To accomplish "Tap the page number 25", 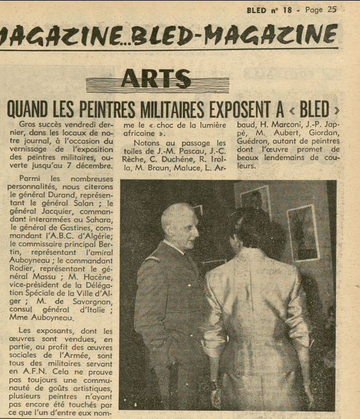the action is [331, 9].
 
